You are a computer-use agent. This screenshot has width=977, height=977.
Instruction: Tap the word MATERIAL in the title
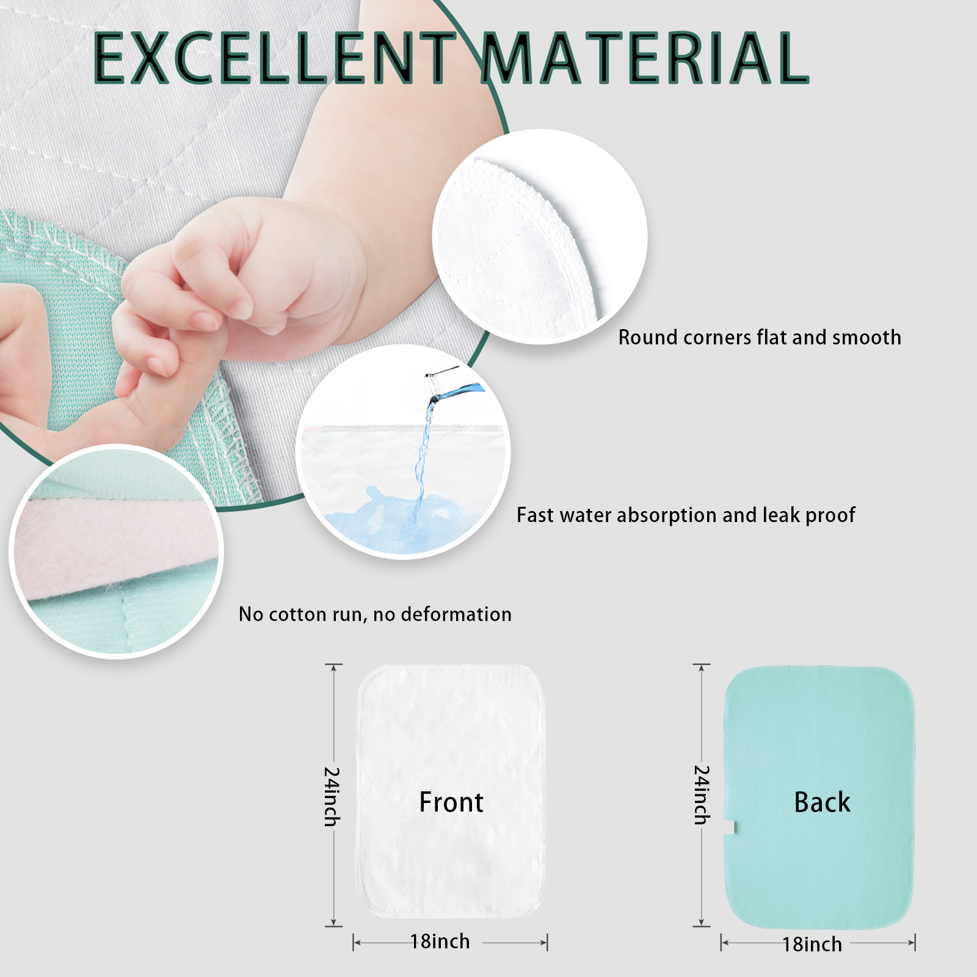pos(646,58)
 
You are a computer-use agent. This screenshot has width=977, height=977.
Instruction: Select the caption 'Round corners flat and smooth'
pos(760,338)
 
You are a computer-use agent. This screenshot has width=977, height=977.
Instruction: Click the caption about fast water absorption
pos(686,515)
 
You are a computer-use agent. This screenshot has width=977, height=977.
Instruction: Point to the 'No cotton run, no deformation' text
pos(375,614)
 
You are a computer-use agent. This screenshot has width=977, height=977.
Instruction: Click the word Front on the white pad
pos(451,802)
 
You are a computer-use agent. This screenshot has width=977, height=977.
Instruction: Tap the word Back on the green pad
pos(822,802)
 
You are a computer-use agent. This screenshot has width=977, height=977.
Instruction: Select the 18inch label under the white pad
pos(440,942)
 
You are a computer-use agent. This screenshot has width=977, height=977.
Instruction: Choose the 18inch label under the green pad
pos(812,944)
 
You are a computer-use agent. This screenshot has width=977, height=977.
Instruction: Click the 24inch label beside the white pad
pos(332,796)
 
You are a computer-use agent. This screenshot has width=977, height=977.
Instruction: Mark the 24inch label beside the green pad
pos(702,795)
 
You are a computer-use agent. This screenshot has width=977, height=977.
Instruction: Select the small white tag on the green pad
pos(729,827)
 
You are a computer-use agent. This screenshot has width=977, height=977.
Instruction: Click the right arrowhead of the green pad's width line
pos(911,943)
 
